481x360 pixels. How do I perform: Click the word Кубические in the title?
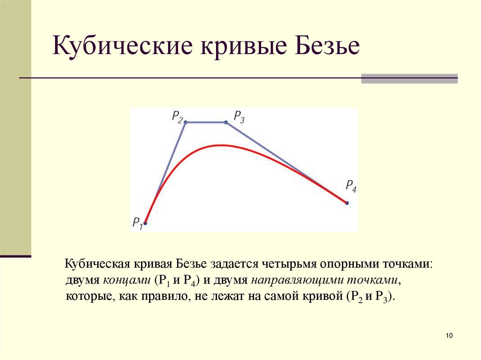122,47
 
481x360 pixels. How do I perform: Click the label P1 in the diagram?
137,222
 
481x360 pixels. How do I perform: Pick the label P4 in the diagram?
351,185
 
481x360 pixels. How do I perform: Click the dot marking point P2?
185,123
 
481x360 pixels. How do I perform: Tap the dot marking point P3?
226,123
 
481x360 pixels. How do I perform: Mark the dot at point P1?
145,223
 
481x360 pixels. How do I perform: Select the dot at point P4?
347,203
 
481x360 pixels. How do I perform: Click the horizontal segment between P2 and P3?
205,123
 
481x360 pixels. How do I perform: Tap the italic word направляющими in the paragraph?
298,281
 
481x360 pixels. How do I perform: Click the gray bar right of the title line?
409,78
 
